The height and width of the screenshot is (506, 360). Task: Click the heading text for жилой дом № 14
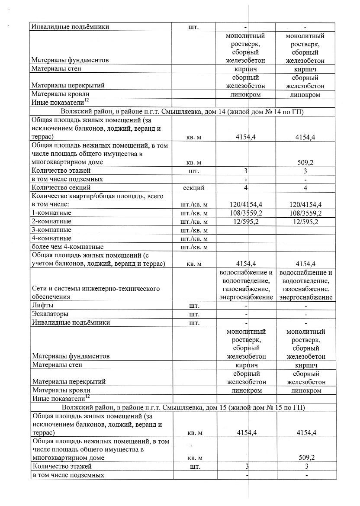click(x=183, y=112)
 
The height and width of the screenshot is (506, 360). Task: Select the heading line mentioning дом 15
click(x=183, y=408)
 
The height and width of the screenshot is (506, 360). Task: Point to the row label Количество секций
click(x=61, y=188)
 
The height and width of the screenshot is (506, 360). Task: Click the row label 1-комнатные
click(x=51, y=213)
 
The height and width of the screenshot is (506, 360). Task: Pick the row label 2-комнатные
click(x=51, y=222)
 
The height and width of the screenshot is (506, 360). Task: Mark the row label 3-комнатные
click(x=51, y=230)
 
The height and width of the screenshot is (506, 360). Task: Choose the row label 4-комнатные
click(x=51, y=238)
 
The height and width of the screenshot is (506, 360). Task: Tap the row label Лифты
click(x=42, y=306)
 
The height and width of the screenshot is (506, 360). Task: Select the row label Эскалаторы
click(x=50, y=314)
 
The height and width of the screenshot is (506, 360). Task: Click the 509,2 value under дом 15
click(x=305, y=458)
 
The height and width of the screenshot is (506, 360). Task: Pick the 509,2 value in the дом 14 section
click(x=305, y=162)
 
